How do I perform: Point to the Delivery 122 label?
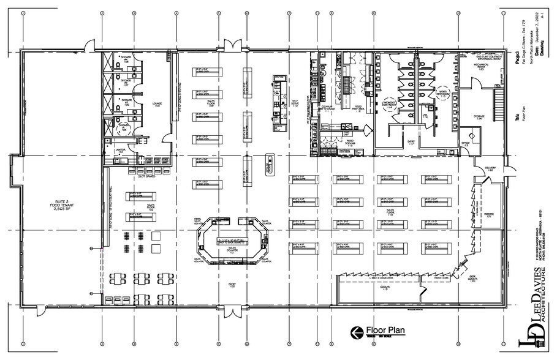tap(490, 167)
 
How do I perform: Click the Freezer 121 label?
tap(490, 216)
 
